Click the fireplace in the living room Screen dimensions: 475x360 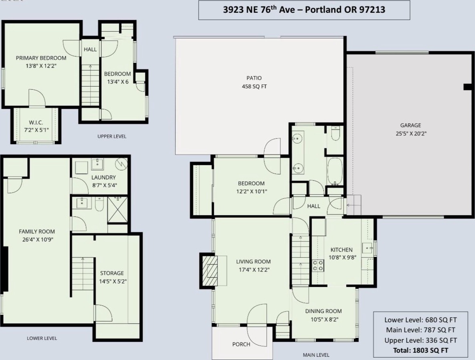(209, 271)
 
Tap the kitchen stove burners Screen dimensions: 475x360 (318, 266)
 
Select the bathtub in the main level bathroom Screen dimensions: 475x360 (335, 171)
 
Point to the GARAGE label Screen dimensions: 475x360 (411, 125)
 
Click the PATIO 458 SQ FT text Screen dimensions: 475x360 (254, 82)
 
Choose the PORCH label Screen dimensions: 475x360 (241, 344)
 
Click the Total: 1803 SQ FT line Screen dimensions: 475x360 (421, 350)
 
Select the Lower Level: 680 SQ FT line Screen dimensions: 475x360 (421, 320)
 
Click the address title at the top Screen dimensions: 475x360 (304, 10)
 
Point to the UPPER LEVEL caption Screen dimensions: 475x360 (112, 136)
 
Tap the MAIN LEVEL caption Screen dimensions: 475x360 (316, 355)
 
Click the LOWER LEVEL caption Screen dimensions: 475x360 (42, 338)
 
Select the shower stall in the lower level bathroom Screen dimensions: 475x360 (117, 210)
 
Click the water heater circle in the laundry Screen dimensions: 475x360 (121, 164)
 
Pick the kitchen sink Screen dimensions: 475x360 (367, 248)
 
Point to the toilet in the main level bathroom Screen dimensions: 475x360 (335, 133)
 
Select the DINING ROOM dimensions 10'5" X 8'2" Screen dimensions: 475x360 (324, 319)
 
